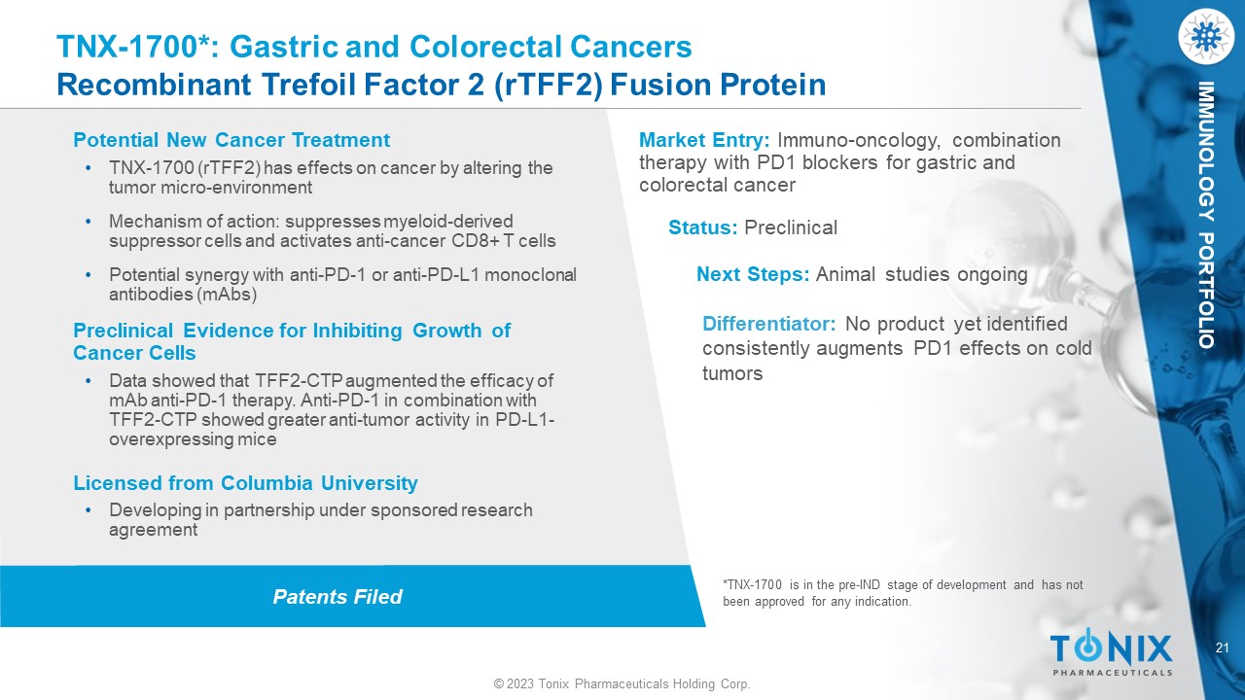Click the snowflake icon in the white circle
1206,37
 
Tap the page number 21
1223,647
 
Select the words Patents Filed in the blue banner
338,597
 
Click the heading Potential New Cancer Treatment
231,140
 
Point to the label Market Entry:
704,141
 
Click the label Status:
702,227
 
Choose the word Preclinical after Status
791,227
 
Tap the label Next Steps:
753,274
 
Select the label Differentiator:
768,324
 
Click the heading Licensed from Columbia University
245,483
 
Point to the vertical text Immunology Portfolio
1205,215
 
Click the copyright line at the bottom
622,683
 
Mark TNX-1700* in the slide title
132,47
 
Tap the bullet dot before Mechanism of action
89,221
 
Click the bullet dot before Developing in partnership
89,510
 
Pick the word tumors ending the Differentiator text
732,374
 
